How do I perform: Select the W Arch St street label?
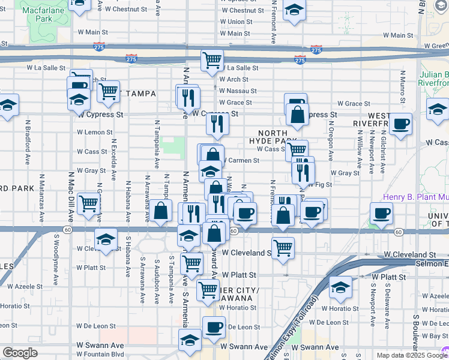pos(234,79)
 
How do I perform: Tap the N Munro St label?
pos(400,82)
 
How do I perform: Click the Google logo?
pos(20,353)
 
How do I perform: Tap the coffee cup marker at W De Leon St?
pos(214,327)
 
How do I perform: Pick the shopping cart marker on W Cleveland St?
pos(283,247)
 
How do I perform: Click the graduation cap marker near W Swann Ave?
pos(190,340)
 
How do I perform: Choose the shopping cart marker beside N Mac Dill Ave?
pos(89,203)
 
